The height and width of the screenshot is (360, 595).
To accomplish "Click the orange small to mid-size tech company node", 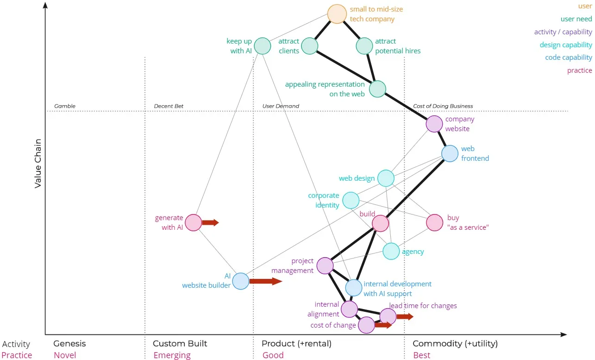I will (337, 14).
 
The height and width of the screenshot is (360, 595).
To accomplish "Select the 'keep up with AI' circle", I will (263, 46).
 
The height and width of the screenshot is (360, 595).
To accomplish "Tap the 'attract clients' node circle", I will (310, 46).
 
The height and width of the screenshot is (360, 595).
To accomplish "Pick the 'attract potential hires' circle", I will (364, 46).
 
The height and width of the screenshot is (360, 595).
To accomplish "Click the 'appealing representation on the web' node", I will (377, 89).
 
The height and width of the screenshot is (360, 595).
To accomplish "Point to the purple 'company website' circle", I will (434, 124).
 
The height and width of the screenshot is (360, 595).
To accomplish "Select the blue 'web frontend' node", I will (450, 153).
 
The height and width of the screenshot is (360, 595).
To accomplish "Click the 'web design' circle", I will (386, 178).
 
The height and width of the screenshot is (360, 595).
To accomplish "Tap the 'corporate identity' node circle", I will (351, 200).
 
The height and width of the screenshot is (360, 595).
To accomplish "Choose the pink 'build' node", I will (380, 223).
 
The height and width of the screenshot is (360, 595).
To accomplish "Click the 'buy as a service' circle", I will (434, 223).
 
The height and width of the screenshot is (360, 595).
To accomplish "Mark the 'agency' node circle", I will (391, 251).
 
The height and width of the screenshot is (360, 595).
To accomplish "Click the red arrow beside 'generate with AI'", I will (210, 223).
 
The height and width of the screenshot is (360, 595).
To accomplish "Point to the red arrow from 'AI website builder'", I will (265, 281).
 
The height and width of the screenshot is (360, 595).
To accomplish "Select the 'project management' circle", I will (325, 265).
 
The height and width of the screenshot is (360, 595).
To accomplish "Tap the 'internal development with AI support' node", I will (353, 288).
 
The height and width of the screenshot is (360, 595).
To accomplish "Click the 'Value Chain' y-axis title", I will (38, 163).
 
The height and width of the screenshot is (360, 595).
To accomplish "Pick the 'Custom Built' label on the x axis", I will (180, 343).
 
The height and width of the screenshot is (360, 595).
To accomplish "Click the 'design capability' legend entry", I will (565, 45).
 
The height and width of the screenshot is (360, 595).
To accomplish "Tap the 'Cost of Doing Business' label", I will (443, 106).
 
